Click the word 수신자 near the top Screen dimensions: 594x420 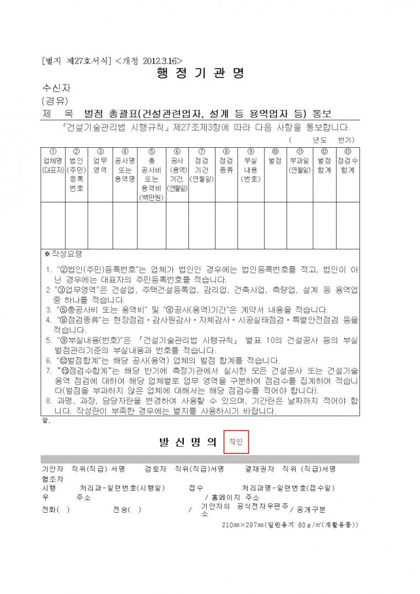click(56, 87)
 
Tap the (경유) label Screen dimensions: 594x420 click(55, 100)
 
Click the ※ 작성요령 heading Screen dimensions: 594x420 click(63, 254)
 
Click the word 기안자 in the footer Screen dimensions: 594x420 click(52, 469)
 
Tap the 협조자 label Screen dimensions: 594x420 click(52, 478)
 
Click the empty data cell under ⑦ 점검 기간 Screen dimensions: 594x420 click(201, 225)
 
